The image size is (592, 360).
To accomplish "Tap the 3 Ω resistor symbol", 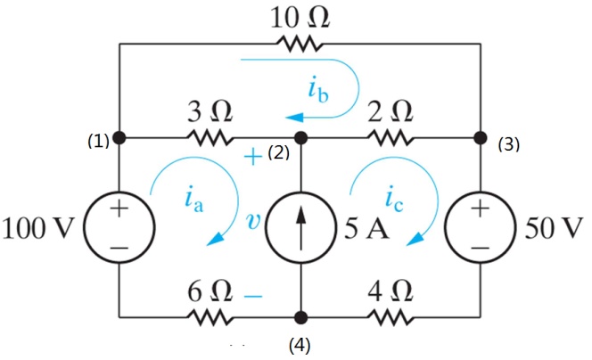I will coord(210,138).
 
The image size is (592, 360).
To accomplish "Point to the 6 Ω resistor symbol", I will coord(210,316).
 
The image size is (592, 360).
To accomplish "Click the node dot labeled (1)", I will coord(119,138).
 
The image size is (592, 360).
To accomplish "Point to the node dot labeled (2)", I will coord(300,138).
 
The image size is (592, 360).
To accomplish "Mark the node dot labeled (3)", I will coord(481,138).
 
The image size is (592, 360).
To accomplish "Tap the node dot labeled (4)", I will coord(300,316).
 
